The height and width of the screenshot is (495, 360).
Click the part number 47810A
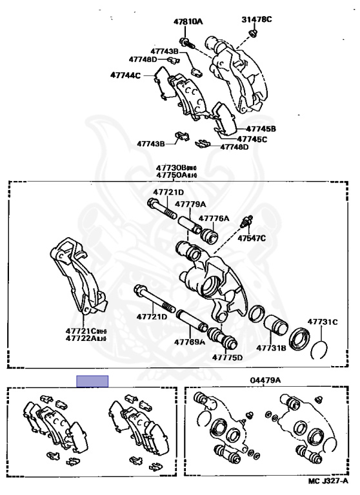[187, 21]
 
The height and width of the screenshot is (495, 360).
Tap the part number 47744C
[125, 75]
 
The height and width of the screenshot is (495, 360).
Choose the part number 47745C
[252, 139]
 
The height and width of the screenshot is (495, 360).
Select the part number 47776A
[214, 218]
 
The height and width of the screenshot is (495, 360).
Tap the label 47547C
[251, 238]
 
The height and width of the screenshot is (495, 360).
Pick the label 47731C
[322, 321]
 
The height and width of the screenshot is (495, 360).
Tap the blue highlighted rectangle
[92, 380]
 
